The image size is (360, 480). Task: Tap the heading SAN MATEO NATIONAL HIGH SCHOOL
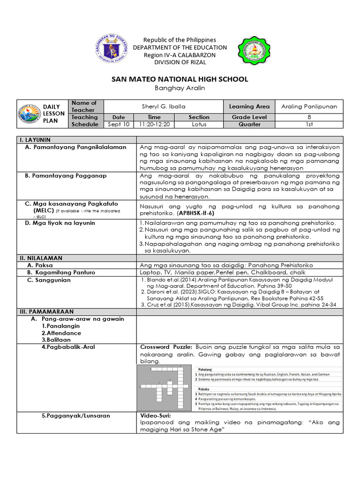(x=180, y=79)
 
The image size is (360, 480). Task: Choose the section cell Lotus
(x=199, y=125)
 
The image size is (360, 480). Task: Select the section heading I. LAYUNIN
(x=35, y=140)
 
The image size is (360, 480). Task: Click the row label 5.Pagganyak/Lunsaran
(x=75, y=415)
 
